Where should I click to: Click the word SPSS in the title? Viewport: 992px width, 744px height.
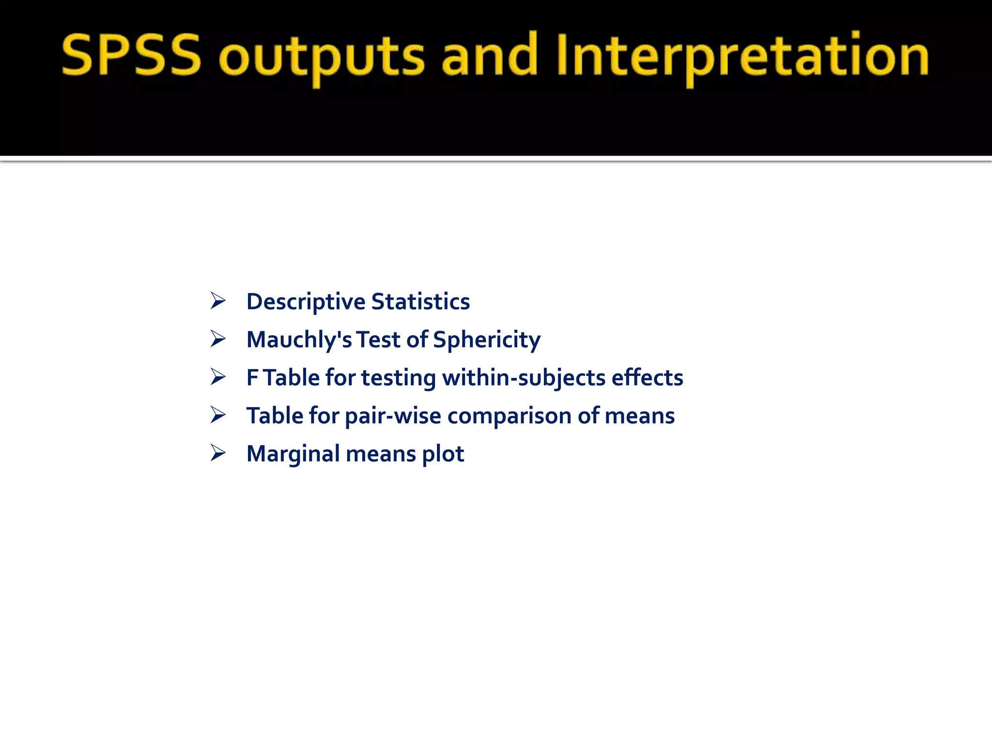tap(131, 56)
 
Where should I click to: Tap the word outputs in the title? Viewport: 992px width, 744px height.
tap(322, 58)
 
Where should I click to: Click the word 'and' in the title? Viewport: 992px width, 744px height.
tap(489, 56)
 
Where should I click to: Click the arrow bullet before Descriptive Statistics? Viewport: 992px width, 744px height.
tap(218, 301)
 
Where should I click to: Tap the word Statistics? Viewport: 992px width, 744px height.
tap(420, 301)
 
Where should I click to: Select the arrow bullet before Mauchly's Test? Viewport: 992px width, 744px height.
tap(218, 339)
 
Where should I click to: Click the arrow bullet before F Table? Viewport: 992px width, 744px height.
tap(218, 377)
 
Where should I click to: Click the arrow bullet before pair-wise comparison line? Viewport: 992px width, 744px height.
tap(218, 416)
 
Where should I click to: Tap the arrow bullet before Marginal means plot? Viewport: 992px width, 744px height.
tap(218, 453)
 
